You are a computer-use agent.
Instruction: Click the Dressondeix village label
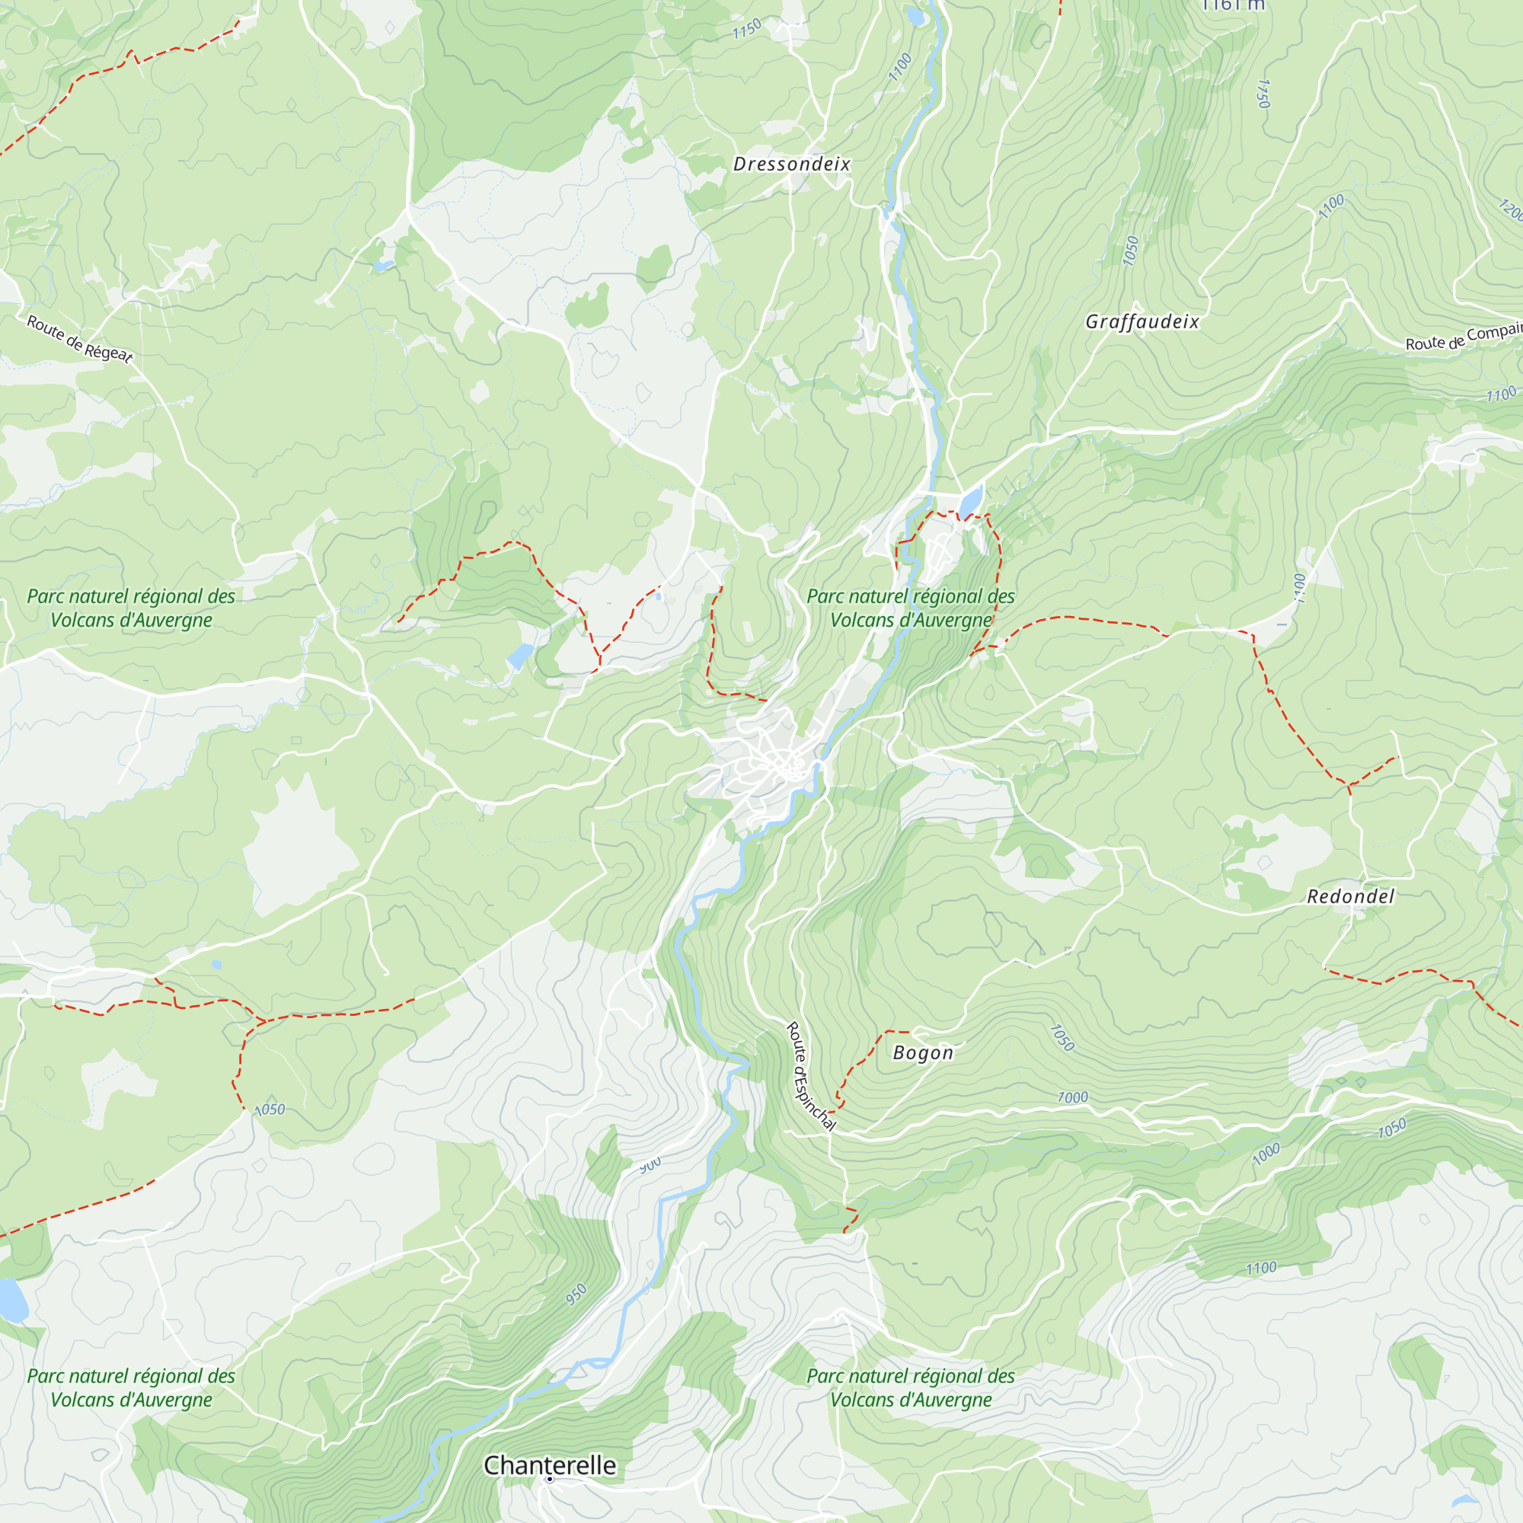point(791,164)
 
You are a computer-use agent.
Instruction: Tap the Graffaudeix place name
point(1141,321)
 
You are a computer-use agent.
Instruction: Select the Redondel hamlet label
point(1350,896)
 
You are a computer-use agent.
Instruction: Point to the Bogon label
point(922,1053)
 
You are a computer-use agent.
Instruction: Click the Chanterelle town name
point(550,1464)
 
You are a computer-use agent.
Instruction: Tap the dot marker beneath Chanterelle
point(550,1480)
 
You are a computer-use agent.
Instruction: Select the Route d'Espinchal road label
point(809,1077)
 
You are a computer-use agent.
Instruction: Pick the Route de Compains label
point(1463,337)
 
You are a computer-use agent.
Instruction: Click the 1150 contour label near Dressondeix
point(746,29)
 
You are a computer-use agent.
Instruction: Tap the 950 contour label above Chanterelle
point(576,1294)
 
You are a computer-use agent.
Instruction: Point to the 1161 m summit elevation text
point(1233,5)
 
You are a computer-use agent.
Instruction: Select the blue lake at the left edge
point(12,1301)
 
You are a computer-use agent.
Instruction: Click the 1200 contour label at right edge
point(1511,209)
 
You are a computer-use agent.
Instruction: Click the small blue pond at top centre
point(915,16)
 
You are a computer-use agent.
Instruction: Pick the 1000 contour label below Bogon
point(1072,1097)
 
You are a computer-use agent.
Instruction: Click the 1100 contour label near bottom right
point(1260,1268)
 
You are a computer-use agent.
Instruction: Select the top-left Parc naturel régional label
point(131,608)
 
